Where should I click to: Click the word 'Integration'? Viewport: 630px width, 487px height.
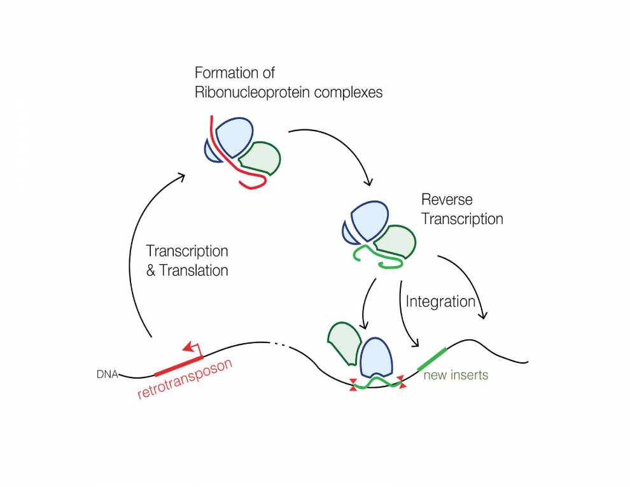pyautogui.click(x=440, y=301)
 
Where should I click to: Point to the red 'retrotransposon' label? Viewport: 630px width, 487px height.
pyautogui.click(x=185, y=379)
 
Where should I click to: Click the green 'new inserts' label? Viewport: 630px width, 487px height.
pyautogui.click(x=456, y=375)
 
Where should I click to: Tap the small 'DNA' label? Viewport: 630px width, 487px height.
pyautogui.click(x=107, y=374)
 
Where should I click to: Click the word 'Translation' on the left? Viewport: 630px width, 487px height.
pyautogui.click(x=194, y=270)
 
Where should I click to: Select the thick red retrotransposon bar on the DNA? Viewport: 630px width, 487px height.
pyautogui.click(x=178, y=365)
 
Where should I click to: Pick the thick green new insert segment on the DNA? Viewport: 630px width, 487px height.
pyautogui.click(x=432, y=358)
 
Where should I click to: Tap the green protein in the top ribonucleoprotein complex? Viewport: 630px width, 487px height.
pyautogui.click(x=262, y=159)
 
